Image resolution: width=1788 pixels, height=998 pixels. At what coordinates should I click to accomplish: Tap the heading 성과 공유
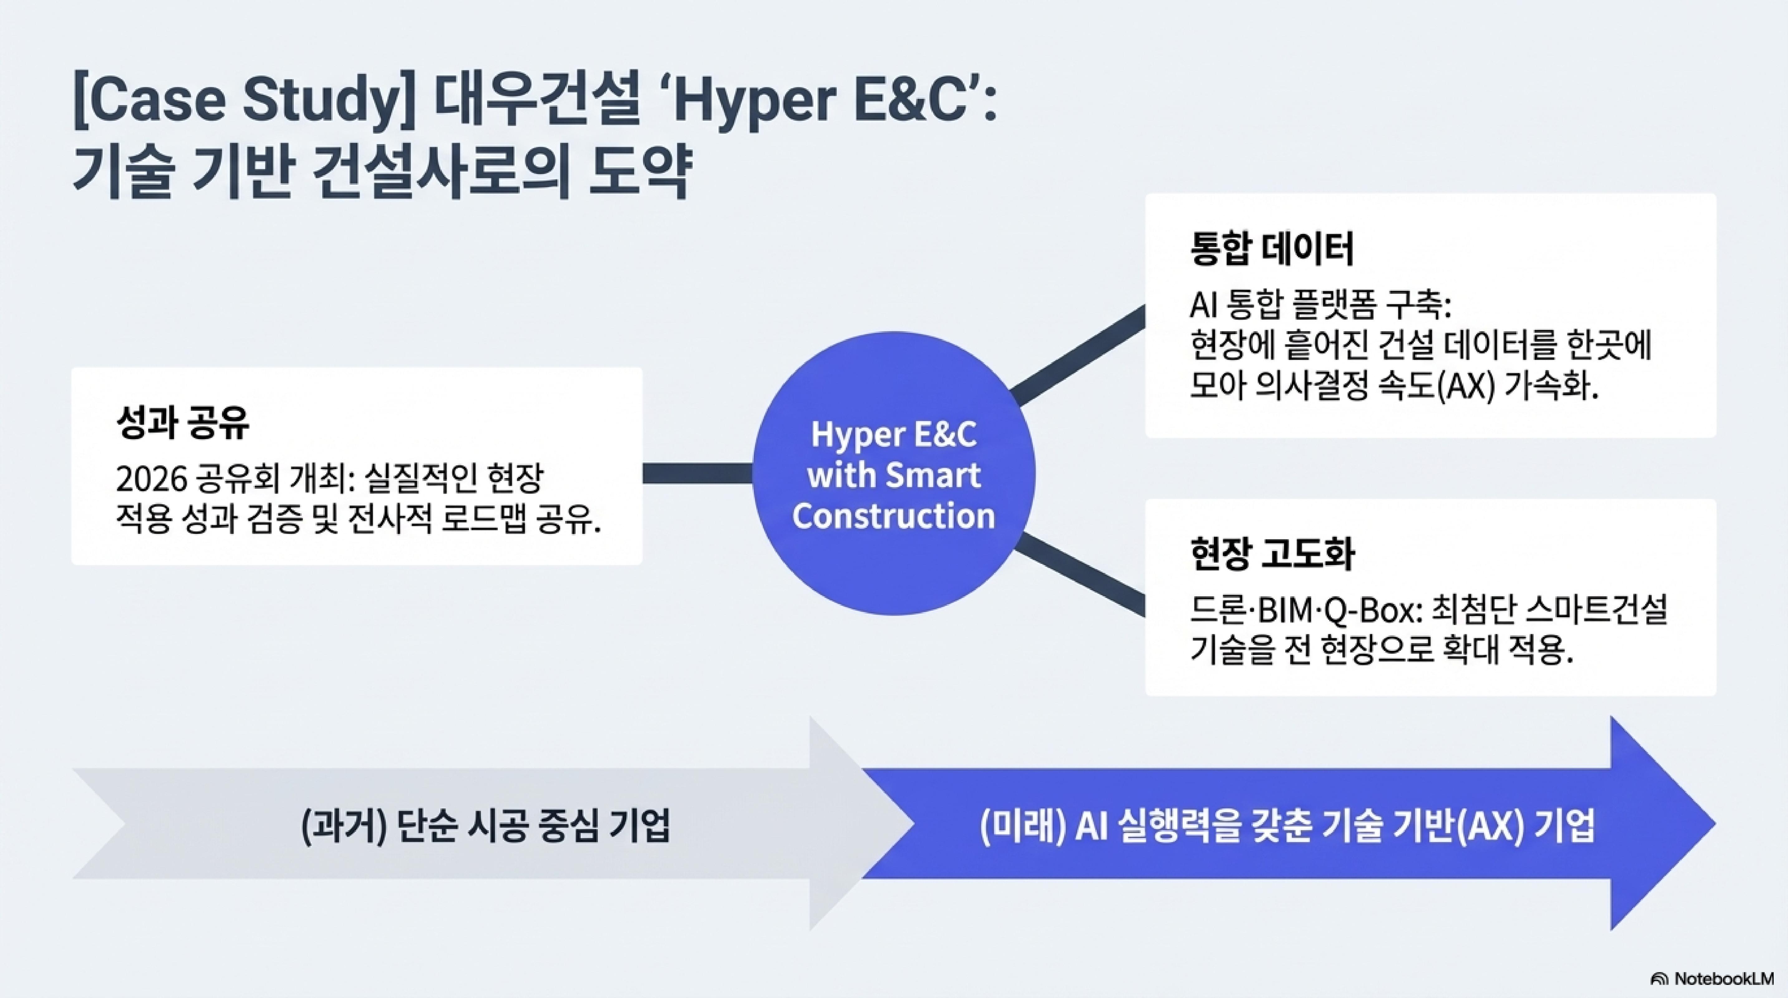click(182, 423)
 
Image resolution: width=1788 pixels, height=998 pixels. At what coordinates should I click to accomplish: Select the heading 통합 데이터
click(1272, 250)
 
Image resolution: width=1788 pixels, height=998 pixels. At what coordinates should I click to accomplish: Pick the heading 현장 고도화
click(1272, 555)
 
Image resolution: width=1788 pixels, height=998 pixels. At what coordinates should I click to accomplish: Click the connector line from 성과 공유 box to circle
click(698, 473)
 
